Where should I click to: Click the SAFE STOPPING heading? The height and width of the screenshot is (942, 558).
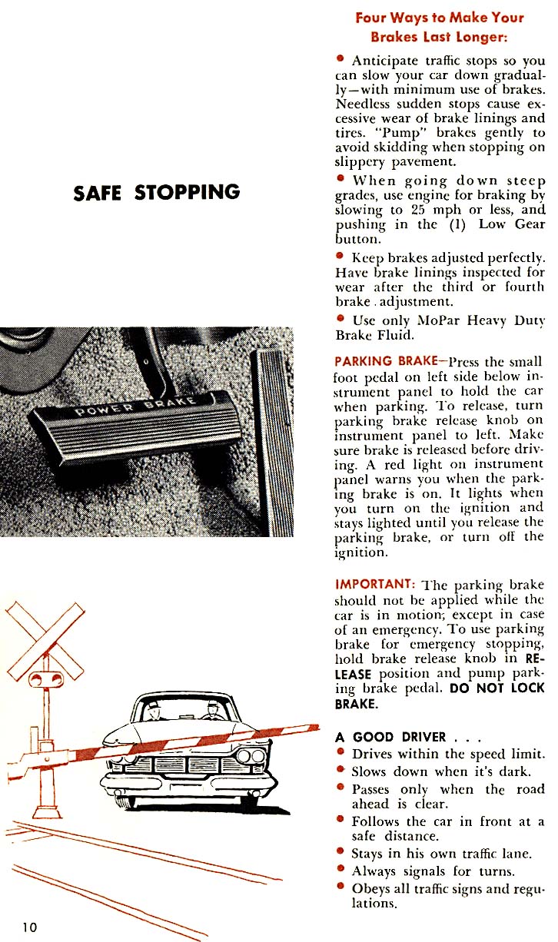(x=156, y=193)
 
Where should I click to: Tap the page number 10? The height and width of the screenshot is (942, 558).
(x=29, y=927)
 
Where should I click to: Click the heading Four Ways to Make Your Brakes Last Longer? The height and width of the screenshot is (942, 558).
(x=439, y=27)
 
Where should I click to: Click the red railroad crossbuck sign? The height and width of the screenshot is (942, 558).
(x=45, y=637)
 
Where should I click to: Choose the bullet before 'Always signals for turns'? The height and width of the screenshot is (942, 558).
(x=340, y=871)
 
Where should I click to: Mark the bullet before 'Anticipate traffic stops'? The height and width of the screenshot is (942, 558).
(x=340, y=59)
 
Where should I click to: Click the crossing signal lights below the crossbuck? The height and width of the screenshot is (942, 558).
(x=44, y=679)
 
